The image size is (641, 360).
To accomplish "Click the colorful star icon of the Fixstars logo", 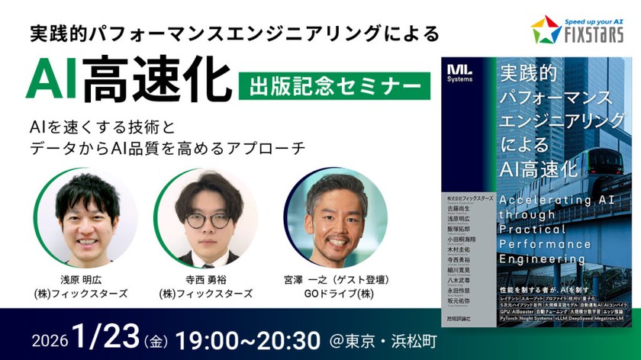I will (546, 31).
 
